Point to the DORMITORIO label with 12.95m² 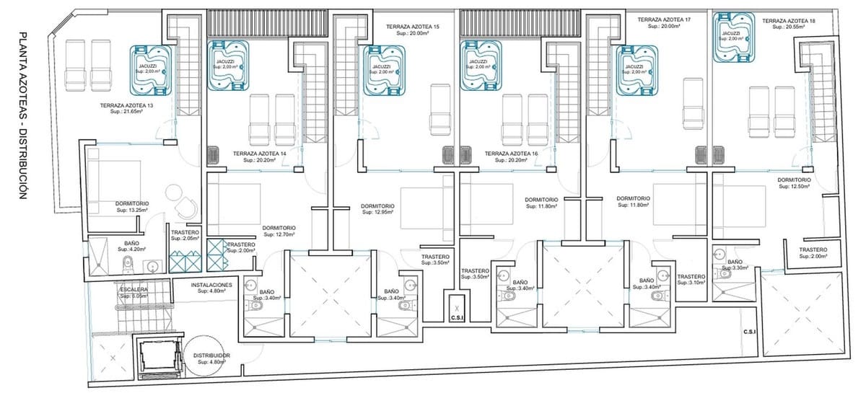(377, 209)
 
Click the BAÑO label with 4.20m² (131, 247)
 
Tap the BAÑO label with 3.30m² (735, 265)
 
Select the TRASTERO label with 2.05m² (184, 235)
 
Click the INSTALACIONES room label (211, 288)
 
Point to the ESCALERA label (134, 292)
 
